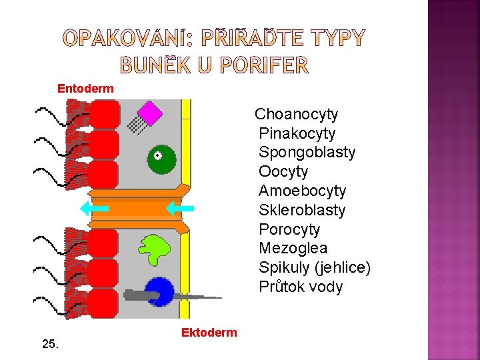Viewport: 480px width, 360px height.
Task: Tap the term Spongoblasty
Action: (x=307, y=152)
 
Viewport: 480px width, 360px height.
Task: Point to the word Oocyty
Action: (x=283, y=171)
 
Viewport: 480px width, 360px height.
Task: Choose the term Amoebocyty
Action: (x=302, y=191)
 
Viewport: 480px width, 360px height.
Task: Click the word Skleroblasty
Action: (x=302, y=210)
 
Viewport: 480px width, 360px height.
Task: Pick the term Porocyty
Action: (x=289, y=229)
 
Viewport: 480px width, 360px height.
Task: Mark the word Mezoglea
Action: (x=293, y=248)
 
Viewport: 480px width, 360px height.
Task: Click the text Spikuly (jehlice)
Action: (x=315, y=267)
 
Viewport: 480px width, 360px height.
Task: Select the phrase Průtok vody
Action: (x=301, y=287)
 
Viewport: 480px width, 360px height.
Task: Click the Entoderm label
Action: (x=85, y=89)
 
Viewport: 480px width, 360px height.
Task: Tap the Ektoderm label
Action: (x=209, y=333)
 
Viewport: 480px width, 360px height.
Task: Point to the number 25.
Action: (x=50, y=344)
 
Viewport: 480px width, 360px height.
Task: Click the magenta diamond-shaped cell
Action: (x=150, y=113)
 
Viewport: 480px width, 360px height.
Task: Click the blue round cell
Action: (x=160, y=291)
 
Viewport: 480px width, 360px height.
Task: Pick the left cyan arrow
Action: (x=94, y=209)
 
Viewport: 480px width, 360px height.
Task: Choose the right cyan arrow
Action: (x=179, y=209)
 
